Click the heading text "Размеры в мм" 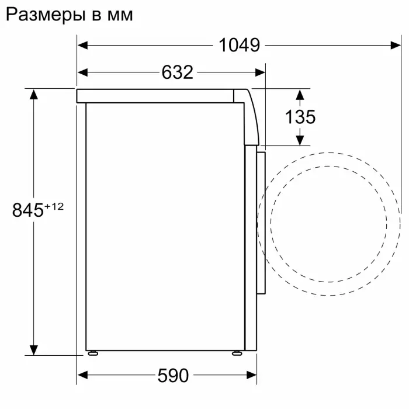[x=69, y=15]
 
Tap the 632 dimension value [x=176, y=72]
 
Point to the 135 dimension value [x=300, y=117]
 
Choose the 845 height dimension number [x=29, y=210]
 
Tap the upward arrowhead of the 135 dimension [x=300, y=94]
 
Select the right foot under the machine [x=236, y=353]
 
